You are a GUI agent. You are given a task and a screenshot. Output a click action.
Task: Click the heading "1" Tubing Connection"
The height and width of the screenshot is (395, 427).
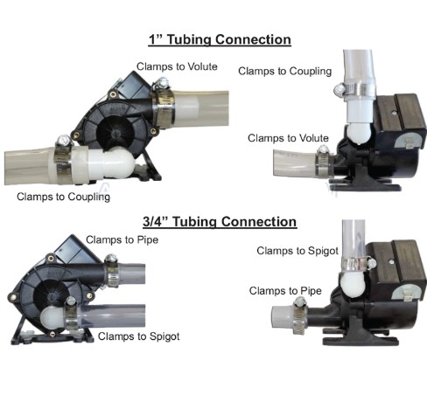point(220,40)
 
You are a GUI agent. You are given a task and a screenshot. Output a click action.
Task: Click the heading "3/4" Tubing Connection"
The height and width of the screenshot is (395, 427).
point(220,222)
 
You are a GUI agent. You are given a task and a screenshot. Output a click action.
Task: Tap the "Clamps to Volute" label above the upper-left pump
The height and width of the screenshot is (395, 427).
point(177,66)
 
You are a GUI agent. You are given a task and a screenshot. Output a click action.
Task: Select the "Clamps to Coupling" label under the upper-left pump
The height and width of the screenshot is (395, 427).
point(64,197)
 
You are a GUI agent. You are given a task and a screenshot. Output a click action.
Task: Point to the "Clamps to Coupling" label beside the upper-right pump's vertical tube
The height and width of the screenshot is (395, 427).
point(285,72)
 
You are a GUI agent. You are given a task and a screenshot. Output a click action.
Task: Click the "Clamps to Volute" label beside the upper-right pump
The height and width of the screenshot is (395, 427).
point(288,138)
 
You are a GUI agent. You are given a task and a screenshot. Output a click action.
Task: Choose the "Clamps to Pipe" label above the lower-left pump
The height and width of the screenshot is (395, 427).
point(122,240)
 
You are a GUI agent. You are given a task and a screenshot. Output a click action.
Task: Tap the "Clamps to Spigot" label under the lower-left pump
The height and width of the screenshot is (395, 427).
point(138,336)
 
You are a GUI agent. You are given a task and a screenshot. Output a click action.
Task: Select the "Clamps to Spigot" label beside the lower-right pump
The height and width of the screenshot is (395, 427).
point(297,251)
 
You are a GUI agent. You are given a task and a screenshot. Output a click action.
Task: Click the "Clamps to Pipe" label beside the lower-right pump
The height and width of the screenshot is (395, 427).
point(285,291)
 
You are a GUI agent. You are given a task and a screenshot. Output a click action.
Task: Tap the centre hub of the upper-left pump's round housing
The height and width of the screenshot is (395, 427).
point(115,134)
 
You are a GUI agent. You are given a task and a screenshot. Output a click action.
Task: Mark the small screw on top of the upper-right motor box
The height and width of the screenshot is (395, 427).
point(394,112)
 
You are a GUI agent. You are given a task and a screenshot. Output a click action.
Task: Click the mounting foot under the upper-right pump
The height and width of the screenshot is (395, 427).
point(365,181)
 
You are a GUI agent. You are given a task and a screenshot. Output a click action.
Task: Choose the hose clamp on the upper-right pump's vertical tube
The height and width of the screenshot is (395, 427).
point(354,90)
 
